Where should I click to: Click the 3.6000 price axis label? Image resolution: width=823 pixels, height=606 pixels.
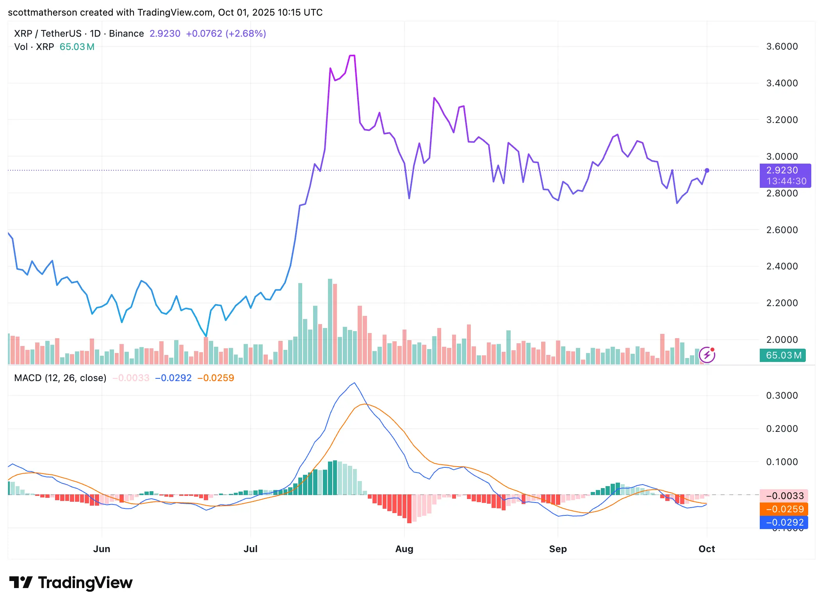coord(782,46)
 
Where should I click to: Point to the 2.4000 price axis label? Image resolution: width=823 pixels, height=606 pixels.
coord(782,266)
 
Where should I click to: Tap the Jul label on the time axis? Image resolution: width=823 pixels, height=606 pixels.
coord(250,549)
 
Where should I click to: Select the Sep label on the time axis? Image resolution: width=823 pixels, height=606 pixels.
coord(558,549)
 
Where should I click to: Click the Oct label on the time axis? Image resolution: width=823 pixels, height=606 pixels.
coord(706,549)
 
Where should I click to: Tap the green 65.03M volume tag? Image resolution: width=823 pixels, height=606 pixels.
coord(783,355)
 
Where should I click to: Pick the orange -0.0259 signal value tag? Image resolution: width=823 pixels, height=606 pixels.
coord(784,509)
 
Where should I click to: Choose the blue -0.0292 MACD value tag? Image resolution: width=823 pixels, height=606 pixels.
coord(784,522)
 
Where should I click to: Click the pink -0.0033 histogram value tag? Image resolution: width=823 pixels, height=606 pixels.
coord(784,496)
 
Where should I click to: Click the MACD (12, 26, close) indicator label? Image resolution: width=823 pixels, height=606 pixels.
coord(60,378)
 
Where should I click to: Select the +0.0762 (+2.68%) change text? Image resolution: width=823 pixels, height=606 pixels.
coord(226,34)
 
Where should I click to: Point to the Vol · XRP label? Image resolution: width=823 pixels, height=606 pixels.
coord(34,47)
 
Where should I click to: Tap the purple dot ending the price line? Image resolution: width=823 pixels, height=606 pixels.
coord(707,170)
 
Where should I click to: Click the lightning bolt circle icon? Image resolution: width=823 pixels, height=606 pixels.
coord(707,355)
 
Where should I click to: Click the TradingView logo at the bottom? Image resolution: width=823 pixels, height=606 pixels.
coord(71,583)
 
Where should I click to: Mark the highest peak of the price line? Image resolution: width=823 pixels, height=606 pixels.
coord(352,55)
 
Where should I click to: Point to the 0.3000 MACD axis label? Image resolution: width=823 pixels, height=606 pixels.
coord(782,396)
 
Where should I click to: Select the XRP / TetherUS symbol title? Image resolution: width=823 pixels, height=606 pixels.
coord(48,34)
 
